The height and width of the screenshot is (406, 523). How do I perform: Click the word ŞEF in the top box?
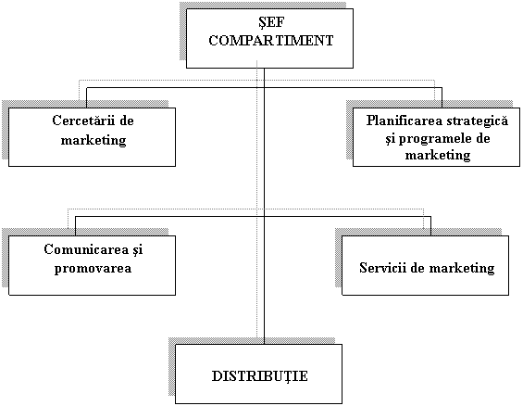tap(271, 23)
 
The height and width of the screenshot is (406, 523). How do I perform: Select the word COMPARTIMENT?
tap(271, 41)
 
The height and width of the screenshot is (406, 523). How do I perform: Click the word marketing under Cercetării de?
tap(93, 140)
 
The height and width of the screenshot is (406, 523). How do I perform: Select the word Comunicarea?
tap(86, 249)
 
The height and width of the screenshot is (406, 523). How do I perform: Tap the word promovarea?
tap(93, 269)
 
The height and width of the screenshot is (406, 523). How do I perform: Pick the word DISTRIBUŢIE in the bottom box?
tap(260, 376)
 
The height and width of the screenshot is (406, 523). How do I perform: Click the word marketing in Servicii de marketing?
tap(462, 268)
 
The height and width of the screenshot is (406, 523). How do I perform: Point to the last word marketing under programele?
tap(438, 155)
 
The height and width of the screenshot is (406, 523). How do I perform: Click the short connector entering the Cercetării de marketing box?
tap(86, 97)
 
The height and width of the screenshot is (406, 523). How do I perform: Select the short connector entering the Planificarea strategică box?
tap(442, 97)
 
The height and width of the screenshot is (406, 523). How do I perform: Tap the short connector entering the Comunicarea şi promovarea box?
tap(75, 226)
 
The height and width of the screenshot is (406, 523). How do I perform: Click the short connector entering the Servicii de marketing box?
tap(430, 226)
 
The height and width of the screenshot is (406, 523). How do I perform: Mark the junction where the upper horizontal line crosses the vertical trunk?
tap(264, 88)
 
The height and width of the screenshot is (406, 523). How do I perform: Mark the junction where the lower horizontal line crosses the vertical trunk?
tap(264, 216)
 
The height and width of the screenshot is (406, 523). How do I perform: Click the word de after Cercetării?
tap(127, 121)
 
